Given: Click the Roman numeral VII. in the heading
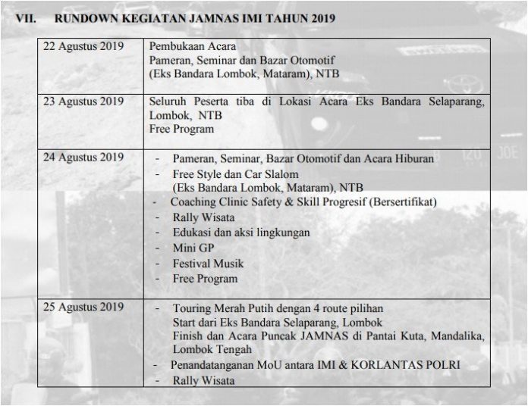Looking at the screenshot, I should (27, 17).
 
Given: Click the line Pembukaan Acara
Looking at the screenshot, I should (195, 45).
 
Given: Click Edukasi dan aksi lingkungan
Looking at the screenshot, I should (241, 233).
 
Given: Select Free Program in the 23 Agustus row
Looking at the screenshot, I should (181, 130).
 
